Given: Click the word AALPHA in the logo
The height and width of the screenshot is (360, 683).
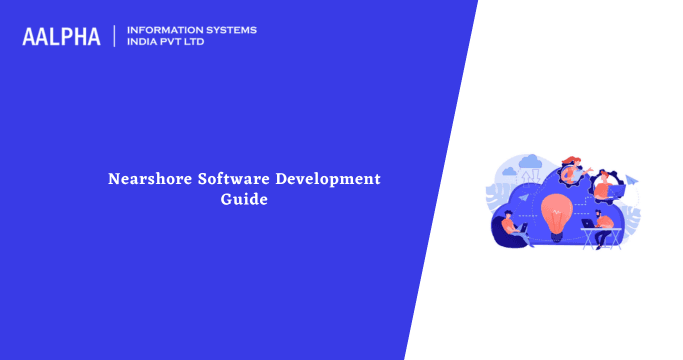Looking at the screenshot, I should click(62, 36).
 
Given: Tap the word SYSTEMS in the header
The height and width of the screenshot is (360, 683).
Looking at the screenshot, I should click(230, 30).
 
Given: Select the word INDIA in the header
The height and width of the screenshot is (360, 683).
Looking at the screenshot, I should click(145, 42).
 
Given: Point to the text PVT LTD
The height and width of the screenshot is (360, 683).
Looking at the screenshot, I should click(188, 42).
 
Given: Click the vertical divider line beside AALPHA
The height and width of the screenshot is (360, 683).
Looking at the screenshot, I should click(115, 36).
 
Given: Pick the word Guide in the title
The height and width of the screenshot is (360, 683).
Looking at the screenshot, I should click(245, 199).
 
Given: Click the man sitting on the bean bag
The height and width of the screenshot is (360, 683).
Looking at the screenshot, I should click(510, 227).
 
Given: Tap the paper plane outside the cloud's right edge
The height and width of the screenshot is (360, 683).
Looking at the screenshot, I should click(632, 181).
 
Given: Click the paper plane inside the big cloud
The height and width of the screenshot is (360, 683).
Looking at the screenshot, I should click(524, 199).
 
